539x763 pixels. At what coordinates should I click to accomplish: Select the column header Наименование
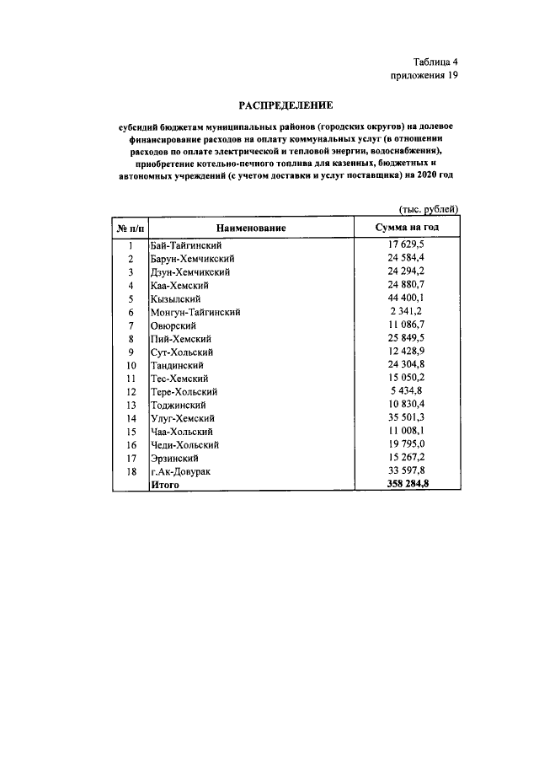(x=250, y=228)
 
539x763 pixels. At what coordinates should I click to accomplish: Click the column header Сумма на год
(x=407, y=228)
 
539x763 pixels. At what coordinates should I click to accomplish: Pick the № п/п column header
(x=131, y=228)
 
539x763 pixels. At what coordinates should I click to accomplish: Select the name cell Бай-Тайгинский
(x=185, y=244)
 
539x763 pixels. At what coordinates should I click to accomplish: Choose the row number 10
(x=131, y=366)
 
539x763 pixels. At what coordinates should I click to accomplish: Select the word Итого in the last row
(x=165, y=485)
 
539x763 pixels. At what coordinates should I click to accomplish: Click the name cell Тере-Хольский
(x=184, y=392)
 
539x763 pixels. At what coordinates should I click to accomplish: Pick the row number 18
(x=131, y=471)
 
